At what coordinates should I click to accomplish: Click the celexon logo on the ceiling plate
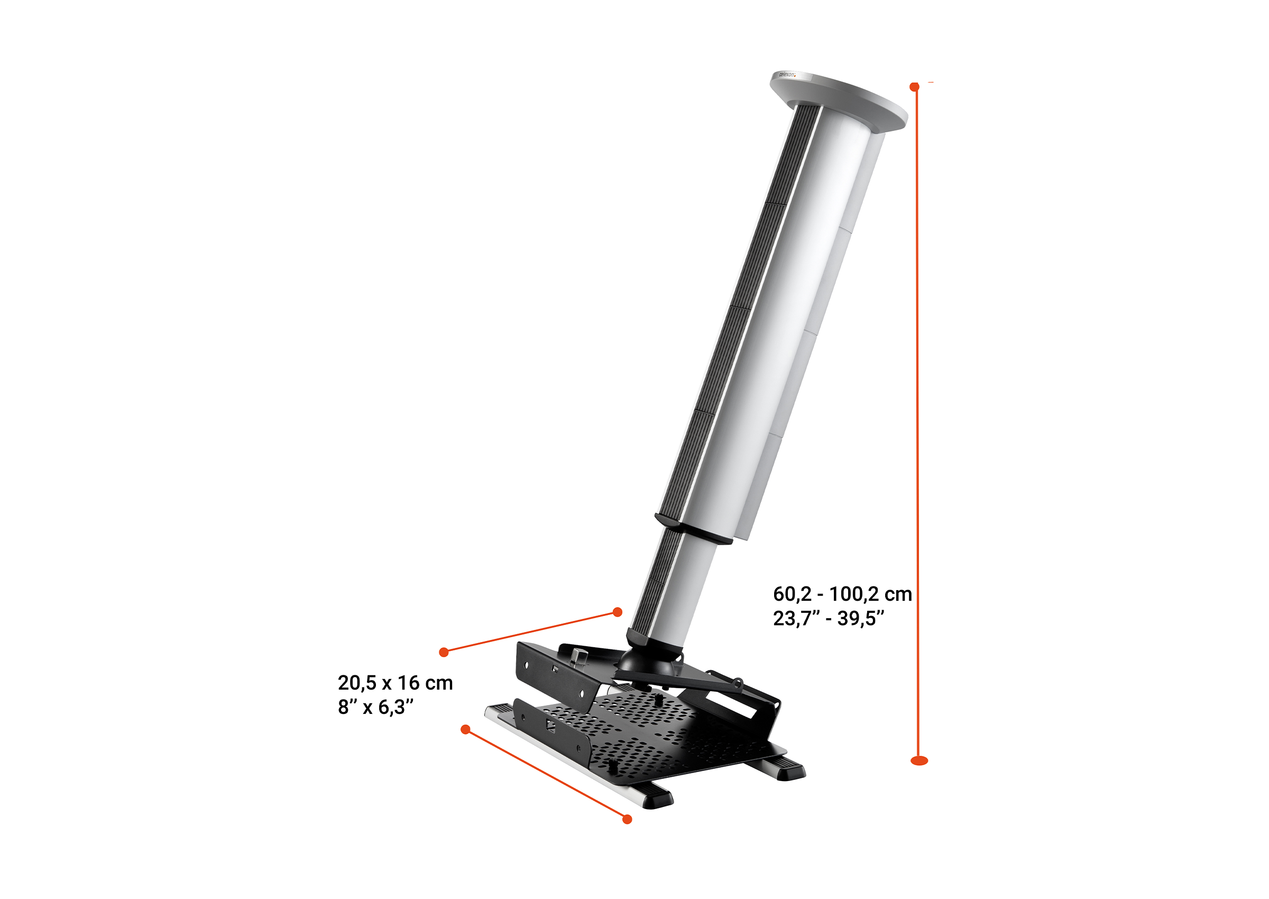(x=787, y=74)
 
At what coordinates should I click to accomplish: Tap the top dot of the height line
(x=914, y=87)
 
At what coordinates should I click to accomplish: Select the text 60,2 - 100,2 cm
(x=842, y=594)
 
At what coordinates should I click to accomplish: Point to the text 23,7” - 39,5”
(x=829, y=618)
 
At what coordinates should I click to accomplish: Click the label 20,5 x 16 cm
(x=395, y=683)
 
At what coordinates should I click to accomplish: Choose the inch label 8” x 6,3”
(x=376, y=707)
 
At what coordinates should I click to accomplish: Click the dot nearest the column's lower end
(x=618, y=612)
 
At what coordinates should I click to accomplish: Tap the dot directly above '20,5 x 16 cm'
(x=443, y=652)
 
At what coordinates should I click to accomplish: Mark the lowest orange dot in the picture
(x=627, y=819)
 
